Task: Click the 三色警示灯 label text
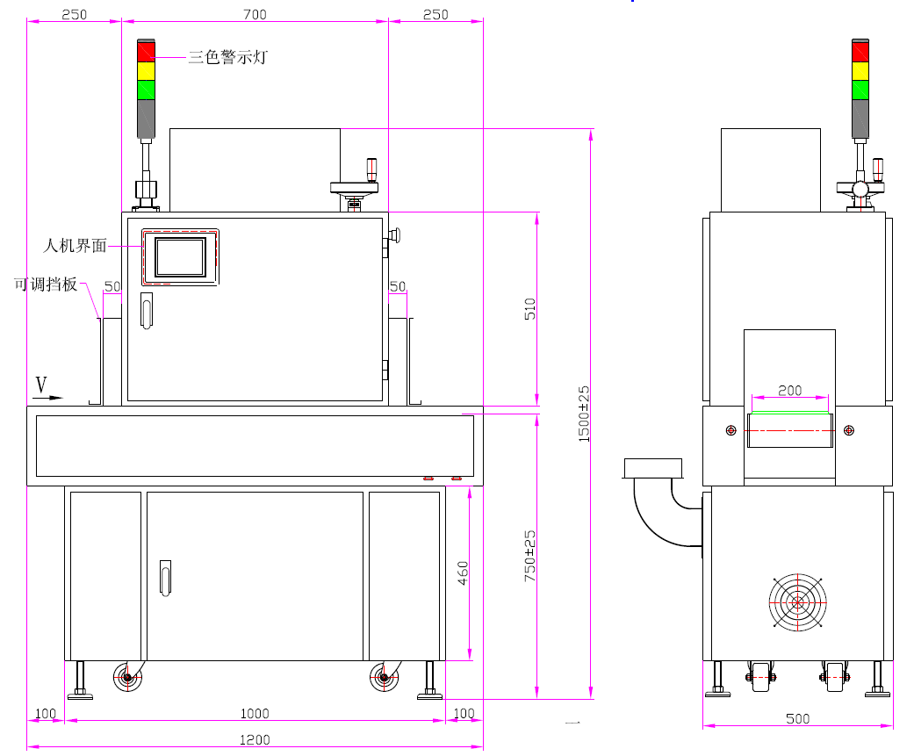228,58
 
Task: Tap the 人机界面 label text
76,246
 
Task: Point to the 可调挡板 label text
46,284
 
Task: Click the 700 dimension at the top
255,14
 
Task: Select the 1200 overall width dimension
255,740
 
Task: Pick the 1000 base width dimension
255,714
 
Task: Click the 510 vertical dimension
529,309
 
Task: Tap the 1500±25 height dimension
584,413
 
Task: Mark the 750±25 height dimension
529,556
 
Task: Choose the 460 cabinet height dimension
463,573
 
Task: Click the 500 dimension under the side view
797,719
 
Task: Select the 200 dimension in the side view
790,391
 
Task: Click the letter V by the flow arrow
40,385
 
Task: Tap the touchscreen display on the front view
180,256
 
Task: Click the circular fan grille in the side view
797,602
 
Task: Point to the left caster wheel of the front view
128,677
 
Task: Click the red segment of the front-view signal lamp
146,52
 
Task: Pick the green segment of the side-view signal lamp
860,90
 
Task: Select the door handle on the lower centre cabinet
165,578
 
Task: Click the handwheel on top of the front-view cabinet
354,187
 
